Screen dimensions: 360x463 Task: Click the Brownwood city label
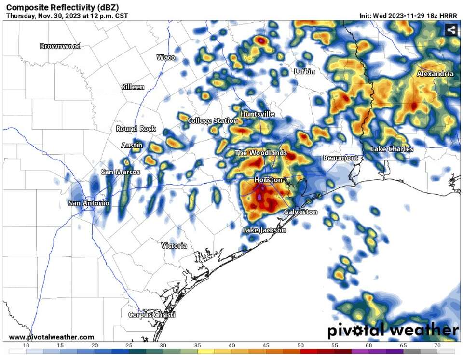point(60,46)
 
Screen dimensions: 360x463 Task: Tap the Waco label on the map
point(166,57)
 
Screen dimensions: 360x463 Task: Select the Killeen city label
point(133,87)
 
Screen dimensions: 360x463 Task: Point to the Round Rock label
point(136,129)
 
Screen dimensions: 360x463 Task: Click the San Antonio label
point(89,203)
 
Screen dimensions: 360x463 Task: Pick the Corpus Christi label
point(151,315)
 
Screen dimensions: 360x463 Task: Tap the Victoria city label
point(174,246)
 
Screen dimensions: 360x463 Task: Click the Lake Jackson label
point(264,230)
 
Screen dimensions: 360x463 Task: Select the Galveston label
point(300,212)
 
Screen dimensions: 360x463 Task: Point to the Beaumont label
point(340,158)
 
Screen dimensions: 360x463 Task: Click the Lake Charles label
point(392,149)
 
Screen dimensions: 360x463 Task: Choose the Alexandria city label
point(435,74)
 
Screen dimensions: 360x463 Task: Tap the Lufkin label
point(305,72)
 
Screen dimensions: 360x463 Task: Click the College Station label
point(213,120)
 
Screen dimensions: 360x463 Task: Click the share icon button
point(451,30)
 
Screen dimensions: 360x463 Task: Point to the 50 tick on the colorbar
point(300,346)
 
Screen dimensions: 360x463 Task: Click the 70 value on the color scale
point(437,346)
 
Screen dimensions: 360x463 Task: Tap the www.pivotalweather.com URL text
point(52,337)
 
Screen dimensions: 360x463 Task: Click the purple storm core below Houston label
point(259,197)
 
